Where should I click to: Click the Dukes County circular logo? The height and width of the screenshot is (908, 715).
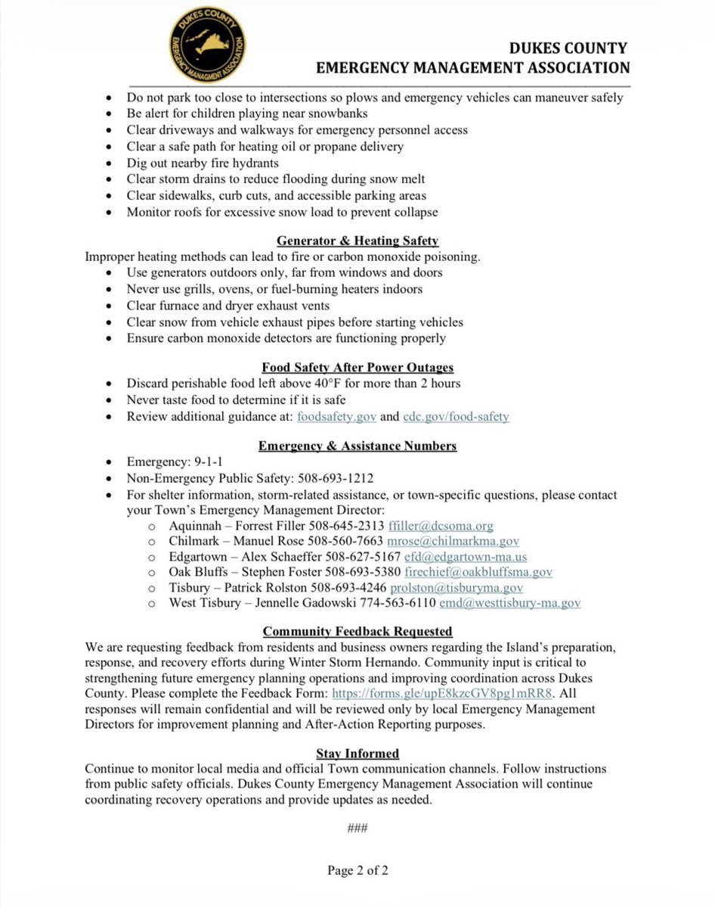(206, 42)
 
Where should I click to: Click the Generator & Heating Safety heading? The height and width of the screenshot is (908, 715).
(357, 241)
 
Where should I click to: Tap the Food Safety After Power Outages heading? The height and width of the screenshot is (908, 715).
(357, 368)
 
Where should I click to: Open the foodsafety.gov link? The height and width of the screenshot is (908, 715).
(336, 416)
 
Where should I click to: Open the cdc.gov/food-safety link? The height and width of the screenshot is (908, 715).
(456, 416)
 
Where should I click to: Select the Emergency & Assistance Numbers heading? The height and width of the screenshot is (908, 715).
(357, 446)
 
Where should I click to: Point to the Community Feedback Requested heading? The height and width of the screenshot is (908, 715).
(357, 631)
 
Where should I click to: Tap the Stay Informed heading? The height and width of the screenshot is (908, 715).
(357, 754)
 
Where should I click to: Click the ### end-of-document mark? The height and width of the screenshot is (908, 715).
(357, 828)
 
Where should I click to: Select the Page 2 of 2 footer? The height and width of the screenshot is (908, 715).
(357, 870)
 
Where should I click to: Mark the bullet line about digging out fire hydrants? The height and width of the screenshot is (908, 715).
(203, 163)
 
